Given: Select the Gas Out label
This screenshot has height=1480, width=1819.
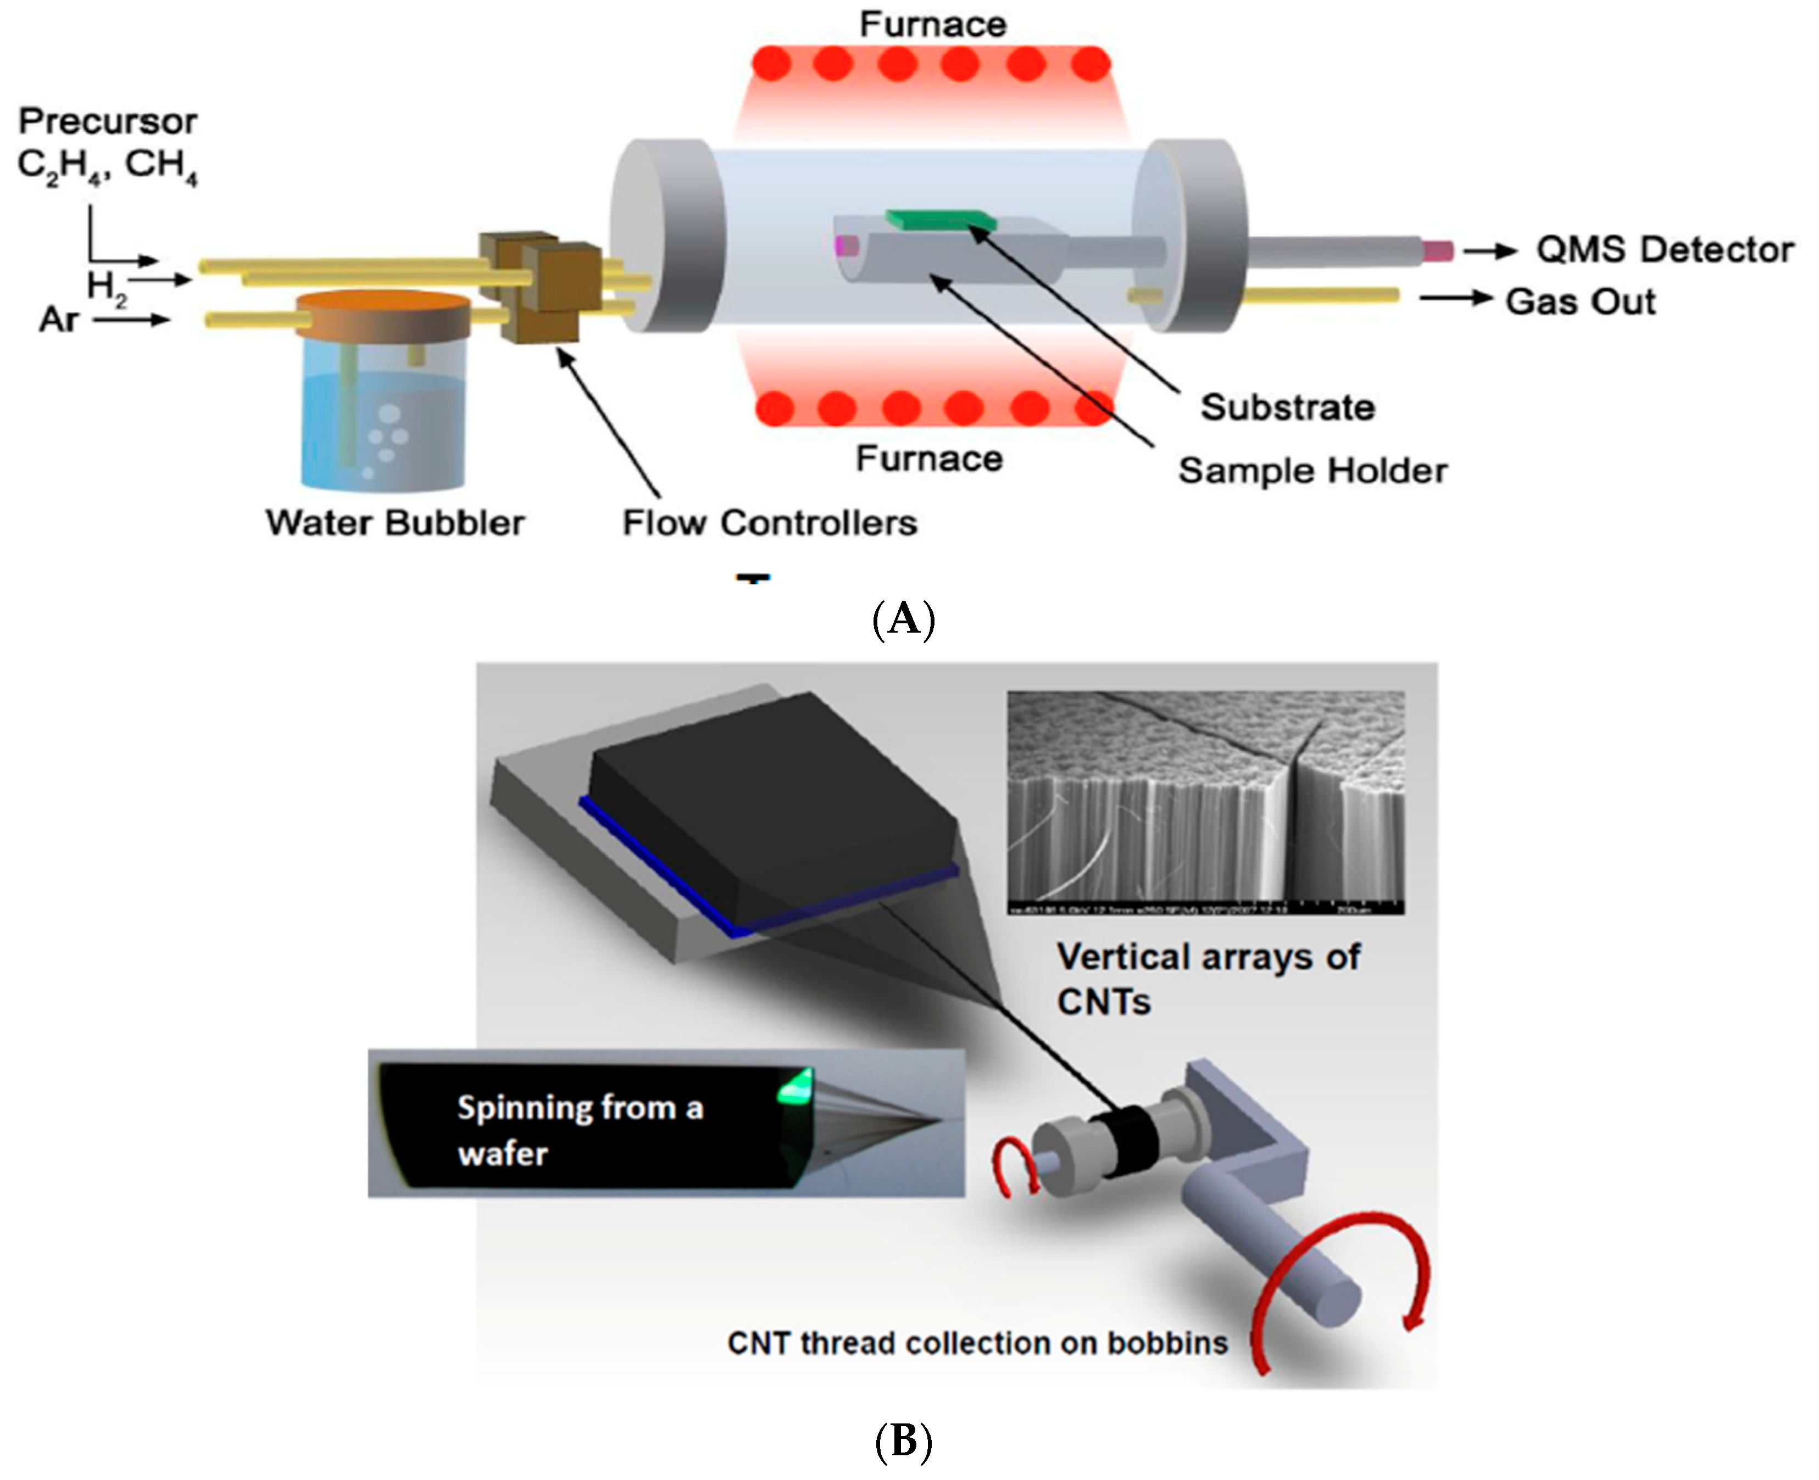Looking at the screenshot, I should [x=1579, y=302].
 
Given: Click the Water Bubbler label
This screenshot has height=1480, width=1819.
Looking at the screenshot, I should [x=395, y=523].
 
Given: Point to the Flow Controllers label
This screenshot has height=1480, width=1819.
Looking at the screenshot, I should [x=769, y=523].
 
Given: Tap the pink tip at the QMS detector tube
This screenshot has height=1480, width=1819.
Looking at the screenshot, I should [x=1437, y=250].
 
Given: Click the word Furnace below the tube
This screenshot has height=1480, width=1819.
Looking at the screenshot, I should [x=928, y=459].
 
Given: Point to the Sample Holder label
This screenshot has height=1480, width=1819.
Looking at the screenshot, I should [x=1312, y=471].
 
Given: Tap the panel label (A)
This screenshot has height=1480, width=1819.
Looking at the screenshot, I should [x=904, y=620].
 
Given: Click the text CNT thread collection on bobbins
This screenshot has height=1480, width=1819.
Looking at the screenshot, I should [x=977, y=1344].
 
